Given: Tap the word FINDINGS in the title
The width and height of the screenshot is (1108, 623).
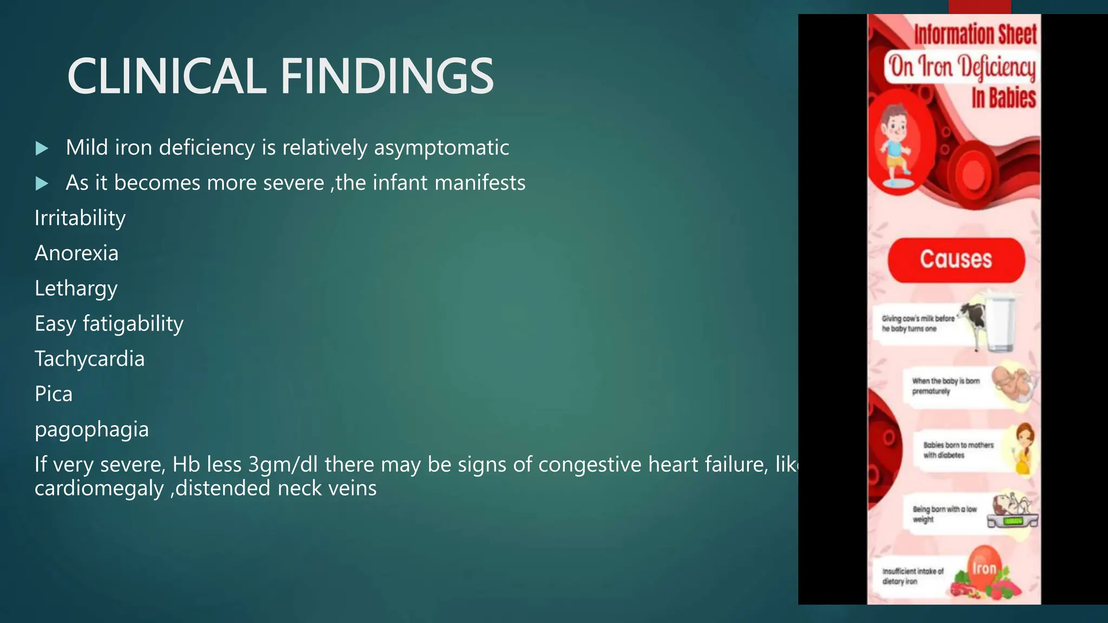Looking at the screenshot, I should (387, 76).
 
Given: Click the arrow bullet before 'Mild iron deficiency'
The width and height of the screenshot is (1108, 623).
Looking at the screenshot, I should (42, 149).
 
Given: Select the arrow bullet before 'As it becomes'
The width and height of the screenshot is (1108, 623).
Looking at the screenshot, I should (42, 184).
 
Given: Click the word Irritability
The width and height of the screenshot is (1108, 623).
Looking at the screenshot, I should (80, 218).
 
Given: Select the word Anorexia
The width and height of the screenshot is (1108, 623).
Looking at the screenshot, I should (76, 253).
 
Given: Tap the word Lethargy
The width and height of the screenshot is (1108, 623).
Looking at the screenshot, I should (76, 289).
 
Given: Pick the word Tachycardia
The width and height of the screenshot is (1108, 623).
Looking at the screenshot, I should (90, 359).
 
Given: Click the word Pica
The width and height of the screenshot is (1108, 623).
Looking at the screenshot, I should (54, 394).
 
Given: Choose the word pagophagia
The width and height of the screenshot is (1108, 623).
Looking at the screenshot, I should (91, 430).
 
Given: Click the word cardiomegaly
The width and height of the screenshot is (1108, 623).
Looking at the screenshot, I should (99, 488).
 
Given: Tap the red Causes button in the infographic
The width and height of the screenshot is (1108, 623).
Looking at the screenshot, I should (956, 260).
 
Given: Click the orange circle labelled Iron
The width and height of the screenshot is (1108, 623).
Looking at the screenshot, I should (984, 568).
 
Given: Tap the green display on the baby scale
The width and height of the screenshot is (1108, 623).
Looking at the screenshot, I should (1012, 521).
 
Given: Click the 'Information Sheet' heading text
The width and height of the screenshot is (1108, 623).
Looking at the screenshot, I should (975, 35).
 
